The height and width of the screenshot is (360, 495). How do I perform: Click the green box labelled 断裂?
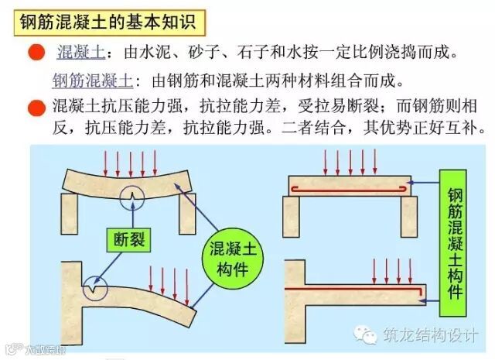pyautogui.click(x=128, y=240)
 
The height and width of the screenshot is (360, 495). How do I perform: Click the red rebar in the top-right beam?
pyautogui.click(x=348, y=187)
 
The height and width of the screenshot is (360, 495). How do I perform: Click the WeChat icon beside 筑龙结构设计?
pyautogui.click(x=366, y=334)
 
